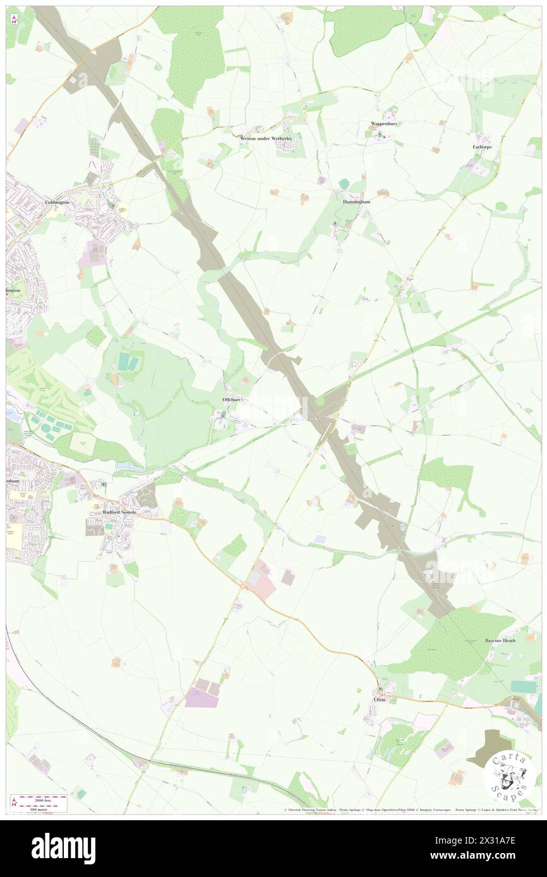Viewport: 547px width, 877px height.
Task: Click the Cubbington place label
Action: (x=57, y=202)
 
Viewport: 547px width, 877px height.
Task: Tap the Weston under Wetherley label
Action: (x=266, y=138)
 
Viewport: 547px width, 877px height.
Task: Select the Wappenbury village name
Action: (x=383, y=124)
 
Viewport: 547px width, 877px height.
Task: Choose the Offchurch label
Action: (x=232, y=400)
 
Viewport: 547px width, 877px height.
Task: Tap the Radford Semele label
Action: (x=120, y=512)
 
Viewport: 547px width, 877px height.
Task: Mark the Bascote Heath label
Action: (x=500, y=640)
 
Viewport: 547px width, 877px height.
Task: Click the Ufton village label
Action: (x=379, y=700)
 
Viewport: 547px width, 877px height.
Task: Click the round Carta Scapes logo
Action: (x=509, y=776)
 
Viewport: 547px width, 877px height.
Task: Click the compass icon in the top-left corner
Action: (x=14, y=19)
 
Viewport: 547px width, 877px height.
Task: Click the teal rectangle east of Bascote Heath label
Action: (x=523, y=686)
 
